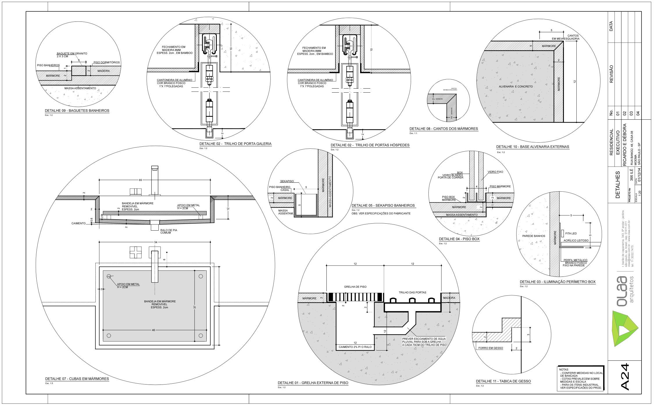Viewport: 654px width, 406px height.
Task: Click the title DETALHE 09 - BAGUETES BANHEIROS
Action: [x=77, y=111]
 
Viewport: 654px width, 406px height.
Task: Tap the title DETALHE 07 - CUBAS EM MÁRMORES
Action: [x=77, y=379]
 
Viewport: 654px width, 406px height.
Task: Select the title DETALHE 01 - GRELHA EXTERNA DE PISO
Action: [x=313, y=383]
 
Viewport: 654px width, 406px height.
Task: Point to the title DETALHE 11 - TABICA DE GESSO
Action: [x=503, y=381]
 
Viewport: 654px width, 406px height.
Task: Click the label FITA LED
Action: [x=571, y=233]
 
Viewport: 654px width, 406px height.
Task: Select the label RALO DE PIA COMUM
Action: [x=169, y=231]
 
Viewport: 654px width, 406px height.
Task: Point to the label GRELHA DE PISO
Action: [x=355, y=287]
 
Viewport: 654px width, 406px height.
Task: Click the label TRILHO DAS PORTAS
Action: [x=412, y=292]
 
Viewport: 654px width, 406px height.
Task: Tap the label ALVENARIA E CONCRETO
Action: [x=516, y=87]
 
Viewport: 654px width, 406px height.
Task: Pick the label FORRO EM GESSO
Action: [x=490, y=348]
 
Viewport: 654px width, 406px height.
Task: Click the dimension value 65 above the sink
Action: [x=140, y=180]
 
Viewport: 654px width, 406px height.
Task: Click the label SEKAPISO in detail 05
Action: [x=287, y=181]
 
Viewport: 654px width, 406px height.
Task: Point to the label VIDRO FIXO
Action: [x=495, y=172]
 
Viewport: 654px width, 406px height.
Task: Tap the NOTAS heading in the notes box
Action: [x=564, y=370]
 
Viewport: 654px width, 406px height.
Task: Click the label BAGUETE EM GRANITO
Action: [x=72, y=54]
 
